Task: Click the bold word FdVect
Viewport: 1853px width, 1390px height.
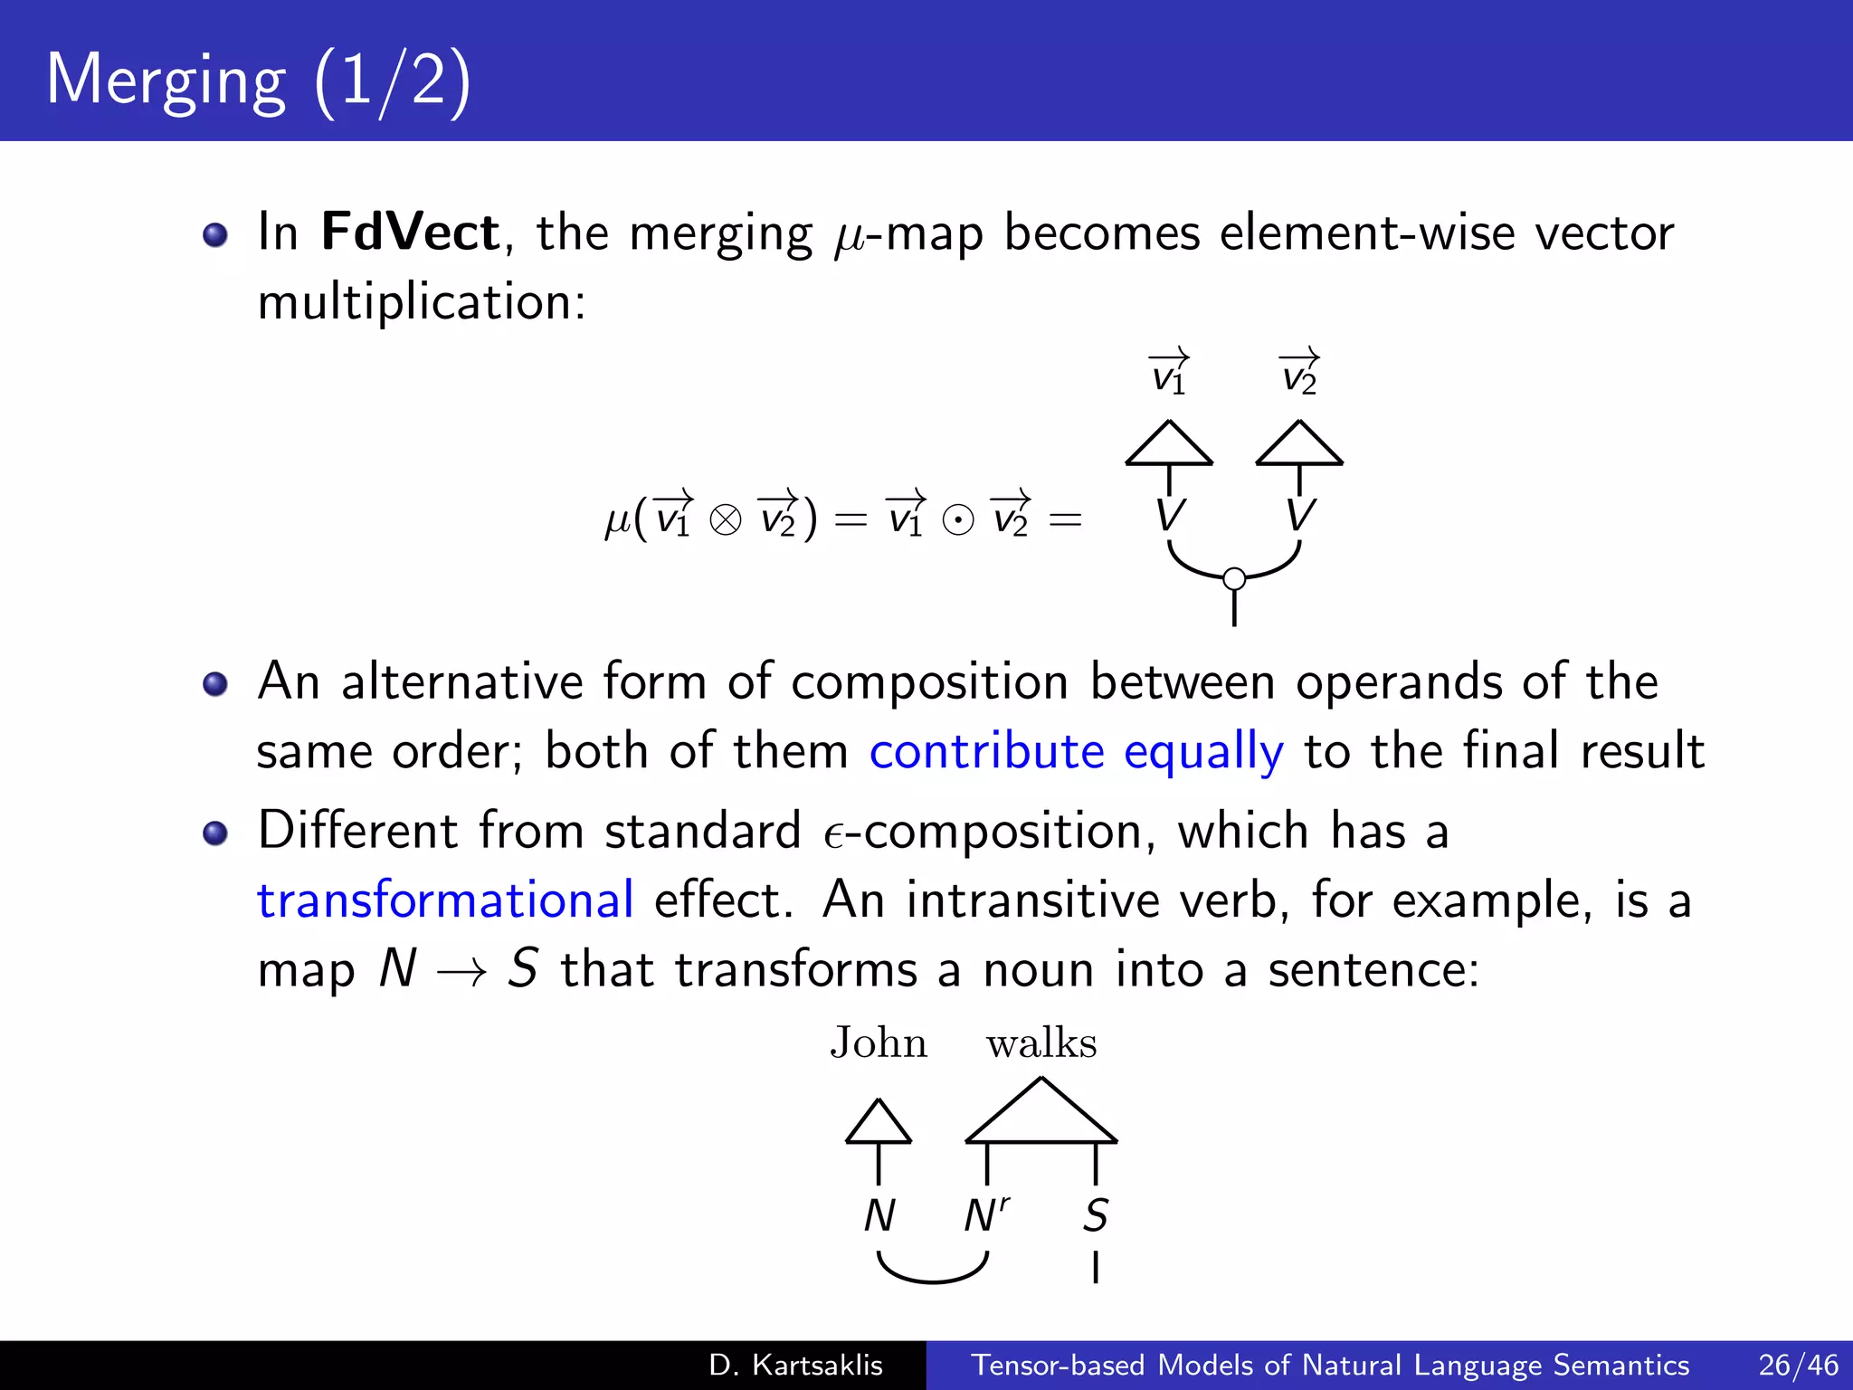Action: pos(410,232)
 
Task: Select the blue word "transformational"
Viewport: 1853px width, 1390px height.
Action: pos(445,900)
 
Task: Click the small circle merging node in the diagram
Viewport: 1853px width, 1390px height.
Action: pos(1234,578)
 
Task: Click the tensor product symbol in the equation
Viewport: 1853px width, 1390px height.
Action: pos(726,520)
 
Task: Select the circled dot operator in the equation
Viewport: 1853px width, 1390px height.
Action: pos(958,520)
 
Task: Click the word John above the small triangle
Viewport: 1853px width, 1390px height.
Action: pos(879,1043)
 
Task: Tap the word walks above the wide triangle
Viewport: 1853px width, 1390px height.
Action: pos(1041,1043)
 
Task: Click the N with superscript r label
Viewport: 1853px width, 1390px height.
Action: pos(986,1215)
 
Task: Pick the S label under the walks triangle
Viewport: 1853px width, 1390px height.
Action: pos(1096,1215)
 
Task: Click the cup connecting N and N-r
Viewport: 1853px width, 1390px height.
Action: pos(933,1278)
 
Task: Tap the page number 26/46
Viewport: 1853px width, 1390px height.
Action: pos(1799,1365)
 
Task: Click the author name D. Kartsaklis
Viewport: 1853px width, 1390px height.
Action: pos(795,1365)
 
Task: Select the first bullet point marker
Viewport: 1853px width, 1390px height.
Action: pos(215,235)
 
